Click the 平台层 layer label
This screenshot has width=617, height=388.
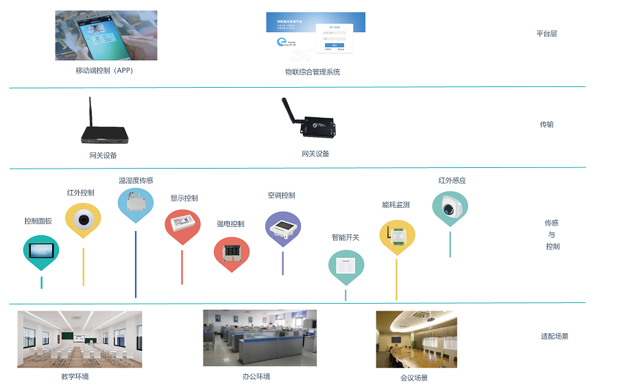click(546, 33)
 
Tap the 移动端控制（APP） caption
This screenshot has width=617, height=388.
click(104, 70)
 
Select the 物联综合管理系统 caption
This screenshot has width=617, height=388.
click(313, 72)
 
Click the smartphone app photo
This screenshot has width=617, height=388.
click(106, 35)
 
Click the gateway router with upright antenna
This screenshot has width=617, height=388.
click(103, 128)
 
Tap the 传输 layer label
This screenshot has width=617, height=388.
click(546, 125)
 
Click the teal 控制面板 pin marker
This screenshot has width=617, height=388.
click(41, 251)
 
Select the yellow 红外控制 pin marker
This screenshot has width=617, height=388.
click(83, 219)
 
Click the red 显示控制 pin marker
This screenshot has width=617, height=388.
click(182, 226)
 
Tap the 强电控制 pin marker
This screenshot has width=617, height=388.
click(231, 252)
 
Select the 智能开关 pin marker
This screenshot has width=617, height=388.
click(346, 266)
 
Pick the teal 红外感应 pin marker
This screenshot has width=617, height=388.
click(450, 208)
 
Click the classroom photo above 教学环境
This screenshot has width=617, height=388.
click(80, 339)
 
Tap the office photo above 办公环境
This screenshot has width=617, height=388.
click(260, 337)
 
